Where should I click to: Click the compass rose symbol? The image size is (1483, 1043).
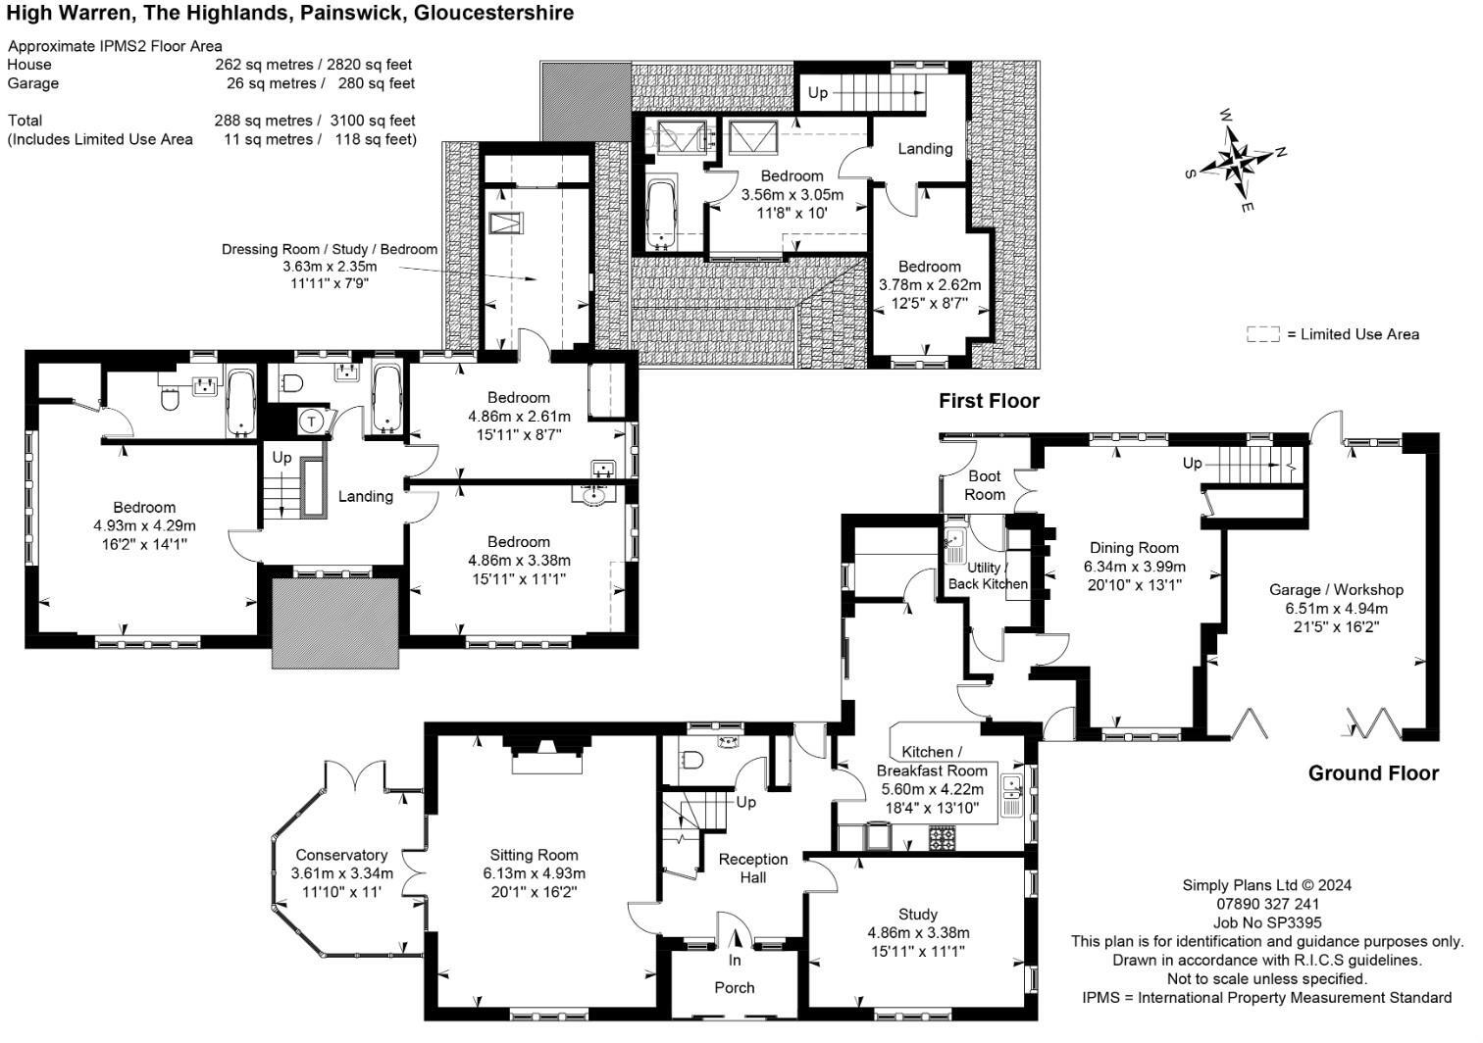point(1238,159)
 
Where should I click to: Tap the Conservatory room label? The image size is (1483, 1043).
point(341,855)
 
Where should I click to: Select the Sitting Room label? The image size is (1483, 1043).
point(534,855)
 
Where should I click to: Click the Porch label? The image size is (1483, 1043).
point(734,987)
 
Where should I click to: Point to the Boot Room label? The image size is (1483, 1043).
point(984,485)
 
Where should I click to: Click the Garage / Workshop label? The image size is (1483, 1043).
point(1336,589)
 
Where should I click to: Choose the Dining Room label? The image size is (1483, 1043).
point(1134,548)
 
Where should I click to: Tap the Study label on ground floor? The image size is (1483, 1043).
point(917,914)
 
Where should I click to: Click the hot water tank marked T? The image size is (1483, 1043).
point(312,421)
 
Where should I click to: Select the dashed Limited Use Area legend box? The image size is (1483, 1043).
point(1262,334)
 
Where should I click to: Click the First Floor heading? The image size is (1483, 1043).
point(988,400)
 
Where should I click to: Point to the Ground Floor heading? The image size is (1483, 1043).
point(1372,773)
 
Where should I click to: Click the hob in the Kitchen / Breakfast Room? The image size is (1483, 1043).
point(942,838)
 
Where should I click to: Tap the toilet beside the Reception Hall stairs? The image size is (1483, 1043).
point(692,761)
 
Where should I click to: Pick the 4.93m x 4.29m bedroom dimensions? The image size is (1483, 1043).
point(144,525)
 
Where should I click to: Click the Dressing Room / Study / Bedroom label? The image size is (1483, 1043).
point(329,249)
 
